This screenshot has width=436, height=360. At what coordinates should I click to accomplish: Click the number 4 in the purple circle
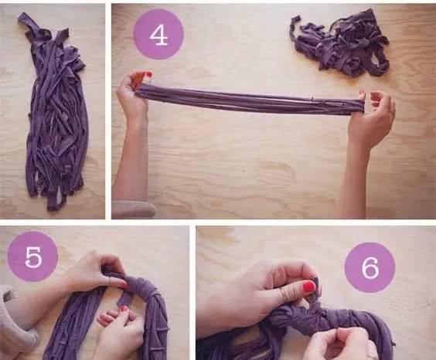point(158,36)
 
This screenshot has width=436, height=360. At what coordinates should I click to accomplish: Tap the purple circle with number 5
point(32,256)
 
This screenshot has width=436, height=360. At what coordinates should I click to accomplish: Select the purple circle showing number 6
point(370,267)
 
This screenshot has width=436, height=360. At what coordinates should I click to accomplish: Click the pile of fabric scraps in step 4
point(340,43)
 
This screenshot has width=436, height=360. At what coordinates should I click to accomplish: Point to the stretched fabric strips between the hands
point(250,100)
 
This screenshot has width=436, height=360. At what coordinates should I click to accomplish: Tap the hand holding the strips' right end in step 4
point(373,117)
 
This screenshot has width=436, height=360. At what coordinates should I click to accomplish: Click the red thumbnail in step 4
point(149,74)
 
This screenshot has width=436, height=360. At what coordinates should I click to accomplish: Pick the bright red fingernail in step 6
point(308,286)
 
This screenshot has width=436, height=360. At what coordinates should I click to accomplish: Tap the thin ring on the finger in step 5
point(110,281)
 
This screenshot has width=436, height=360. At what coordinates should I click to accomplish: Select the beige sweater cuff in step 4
point(134,209)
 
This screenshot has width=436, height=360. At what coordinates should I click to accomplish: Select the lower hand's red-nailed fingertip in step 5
point(123,308)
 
